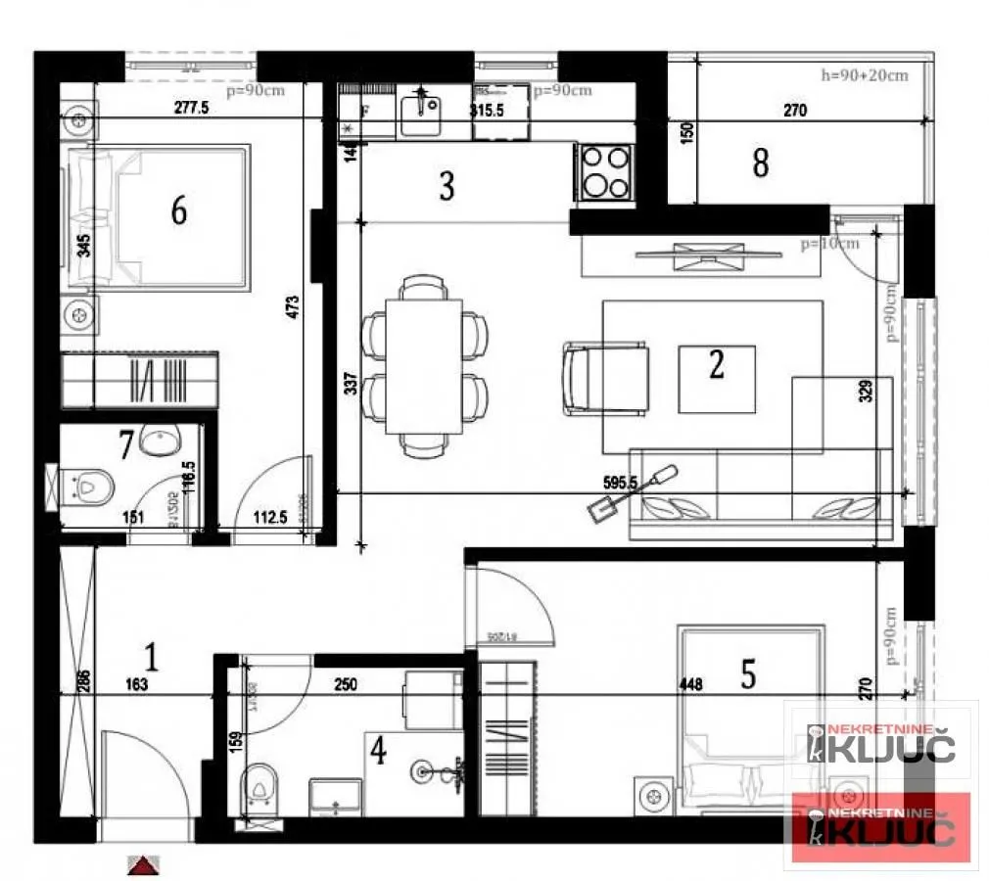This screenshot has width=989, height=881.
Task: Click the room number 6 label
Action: [x=178, y=209]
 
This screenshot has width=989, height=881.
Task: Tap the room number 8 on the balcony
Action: [x=760, y=163]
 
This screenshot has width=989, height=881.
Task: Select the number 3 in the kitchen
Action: [x=447, y=185]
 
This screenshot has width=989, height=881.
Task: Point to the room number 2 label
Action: [x=717, y=365]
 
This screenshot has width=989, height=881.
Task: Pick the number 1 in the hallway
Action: [x=151, y=654]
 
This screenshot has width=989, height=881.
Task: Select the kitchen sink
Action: [x=422, y=116]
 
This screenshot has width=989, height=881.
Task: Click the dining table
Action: [x=424, y=365]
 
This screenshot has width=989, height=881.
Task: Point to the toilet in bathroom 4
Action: [x=258, y=783]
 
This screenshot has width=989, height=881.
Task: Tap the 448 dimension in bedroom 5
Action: [x=691, y=685]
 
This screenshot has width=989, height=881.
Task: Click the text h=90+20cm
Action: [x=865, y=75]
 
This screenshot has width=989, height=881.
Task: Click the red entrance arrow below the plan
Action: [x=143, y=864]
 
